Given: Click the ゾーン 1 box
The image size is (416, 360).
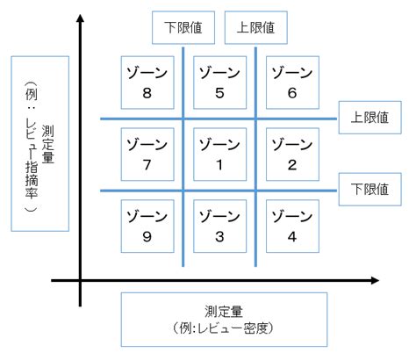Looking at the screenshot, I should tap(219, 155).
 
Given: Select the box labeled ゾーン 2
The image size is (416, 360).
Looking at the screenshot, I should tap(292, 155).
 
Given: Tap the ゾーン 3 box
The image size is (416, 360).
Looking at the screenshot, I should tap(219, 226).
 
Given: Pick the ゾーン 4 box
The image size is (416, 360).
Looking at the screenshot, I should tap(292, 226).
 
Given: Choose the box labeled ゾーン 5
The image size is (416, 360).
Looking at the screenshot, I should tap(219, 83).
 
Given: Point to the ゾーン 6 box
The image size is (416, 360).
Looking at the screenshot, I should tap(292, 83).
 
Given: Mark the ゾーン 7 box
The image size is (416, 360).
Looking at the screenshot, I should tap(147, 155).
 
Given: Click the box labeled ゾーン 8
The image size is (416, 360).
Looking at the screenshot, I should tap(147, 83).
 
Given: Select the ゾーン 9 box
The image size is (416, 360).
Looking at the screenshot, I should tap(147, 226).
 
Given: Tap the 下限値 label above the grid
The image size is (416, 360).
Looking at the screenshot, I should tap(183, 27).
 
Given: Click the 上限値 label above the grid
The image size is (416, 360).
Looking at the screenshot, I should tap(255, 27).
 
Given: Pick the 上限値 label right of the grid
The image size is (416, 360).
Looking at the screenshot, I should tap(369, 116).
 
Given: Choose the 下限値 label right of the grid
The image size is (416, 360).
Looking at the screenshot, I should tap(369, 188).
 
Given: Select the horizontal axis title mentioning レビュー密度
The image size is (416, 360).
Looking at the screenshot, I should tap(224, 319).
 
